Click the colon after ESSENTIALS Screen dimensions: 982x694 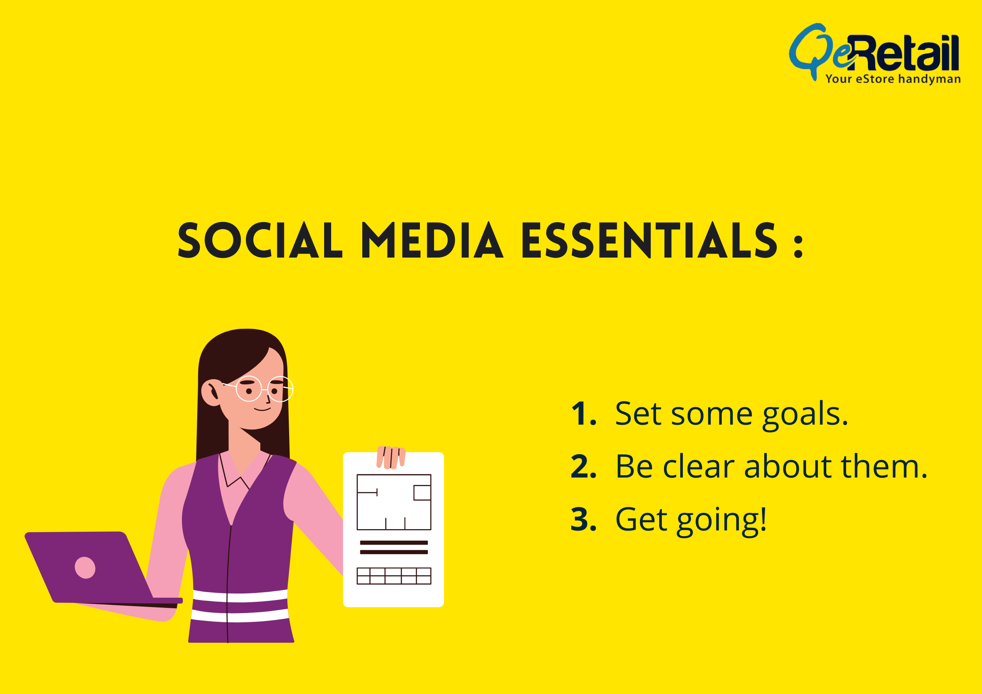click(x=798, y=246)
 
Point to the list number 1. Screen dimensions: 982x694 click(x=584, y=413)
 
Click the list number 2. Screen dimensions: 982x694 click(x=584, y=466)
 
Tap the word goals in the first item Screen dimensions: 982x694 click(x=805, y=415)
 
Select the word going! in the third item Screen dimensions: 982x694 click(x=722, y=521)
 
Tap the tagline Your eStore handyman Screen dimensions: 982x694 click(x=893, y=79)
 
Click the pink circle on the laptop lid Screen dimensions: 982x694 click(x=85, y=568)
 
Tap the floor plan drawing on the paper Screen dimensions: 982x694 click(x=394, y=502)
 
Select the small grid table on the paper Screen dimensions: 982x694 click(x=394, y=576)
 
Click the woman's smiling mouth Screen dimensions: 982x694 click(x=262, y=409)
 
